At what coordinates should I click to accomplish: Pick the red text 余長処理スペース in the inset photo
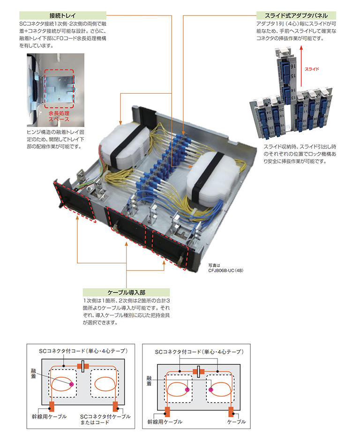click(x=59, y=116)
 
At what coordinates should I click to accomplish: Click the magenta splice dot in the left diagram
click(x=71, y=384)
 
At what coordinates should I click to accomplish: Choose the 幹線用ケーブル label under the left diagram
click(x=50, y=416)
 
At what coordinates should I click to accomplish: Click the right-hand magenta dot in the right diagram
click(x=210, y=390)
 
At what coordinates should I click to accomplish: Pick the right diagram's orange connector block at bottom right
click(x=232, y=411)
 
